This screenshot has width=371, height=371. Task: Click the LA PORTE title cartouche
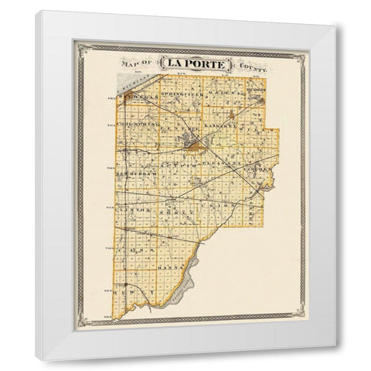coord(196,64)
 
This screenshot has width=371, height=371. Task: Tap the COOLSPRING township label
coord(137,123)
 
